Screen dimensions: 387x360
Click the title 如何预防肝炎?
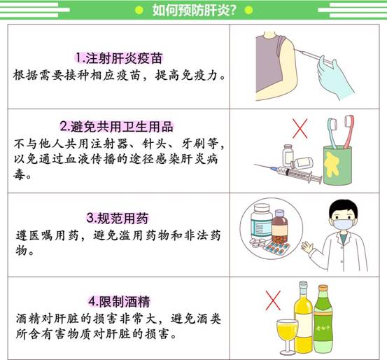194,10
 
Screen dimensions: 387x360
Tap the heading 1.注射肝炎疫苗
119,58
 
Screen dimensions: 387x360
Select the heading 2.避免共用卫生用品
116,127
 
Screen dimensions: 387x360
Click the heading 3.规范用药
118,219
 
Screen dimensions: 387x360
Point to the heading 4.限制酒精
119,301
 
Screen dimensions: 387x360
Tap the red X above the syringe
300,128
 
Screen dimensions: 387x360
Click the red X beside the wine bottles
273,300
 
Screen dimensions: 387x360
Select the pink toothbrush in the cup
349,131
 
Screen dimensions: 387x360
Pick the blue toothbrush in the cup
332,132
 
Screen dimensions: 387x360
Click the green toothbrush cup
337,165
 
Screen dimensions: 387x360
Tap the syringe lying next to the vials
289,171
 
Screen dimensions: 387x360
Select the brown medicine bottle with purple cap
280,228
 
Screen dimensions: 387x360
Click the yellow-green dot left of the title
139,11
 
